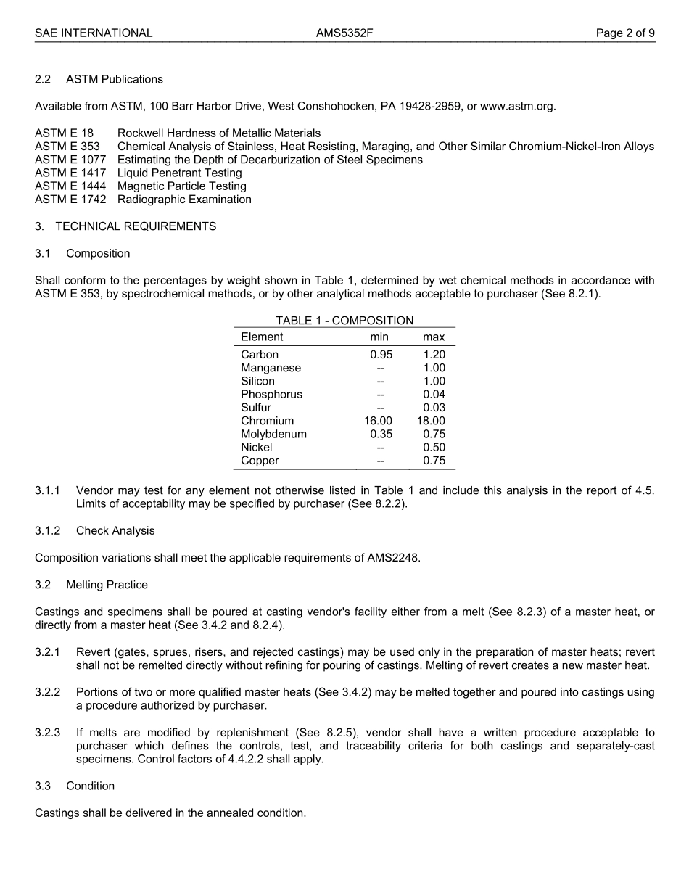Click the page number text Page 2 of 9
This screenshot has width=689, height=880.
coord(625,33)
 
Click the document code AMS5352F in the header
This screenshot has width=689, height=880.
coord(344,33)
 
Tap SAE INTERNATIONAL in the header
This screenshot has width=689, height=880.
coord(94,33)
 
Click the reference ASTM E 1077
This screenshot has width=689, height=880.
coord(70,160)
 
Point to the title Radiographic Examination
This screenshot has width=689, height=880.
coord(184,200)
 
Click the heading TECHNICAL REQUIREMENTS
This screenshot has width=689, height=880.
coord(136,226)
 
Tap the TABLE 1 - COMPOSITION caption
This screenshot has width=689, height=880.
coord(344,321)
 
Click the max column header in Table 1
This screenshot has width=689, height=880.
coord(434,337)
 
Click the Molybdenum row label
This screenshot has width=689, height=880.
coord(273,434)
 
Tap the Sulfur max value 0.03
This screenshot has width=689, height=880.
coord(434,408)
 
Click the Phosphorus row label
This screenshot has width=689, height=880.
coord(271,395)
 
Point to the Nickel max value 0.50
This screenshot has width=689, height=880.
coord(434,448)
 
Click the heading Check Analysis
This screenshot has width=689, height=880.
coord(115,531)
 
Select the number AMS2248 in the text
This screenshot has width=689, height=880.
coord(394,558)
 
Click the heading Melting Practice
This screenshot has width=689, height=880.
coord(107,585)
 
